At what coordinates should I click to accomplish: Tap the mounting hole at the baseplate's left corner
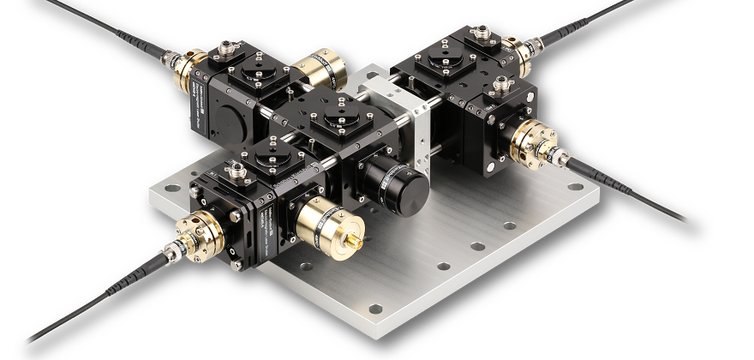pyautogui.click(x=163, y=186)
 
